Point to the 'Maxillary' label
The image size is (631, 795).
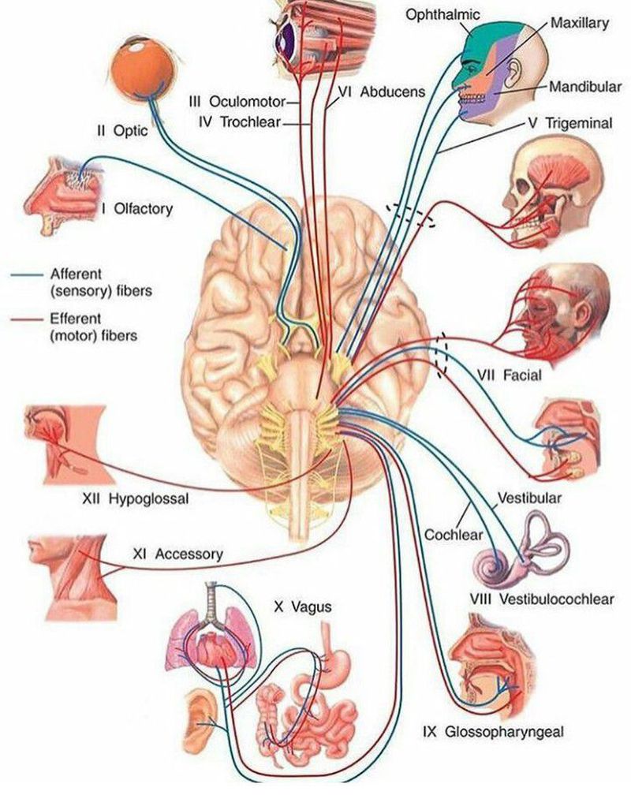coord(579,24)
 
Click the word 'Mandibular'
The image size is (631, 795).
coord(584,86)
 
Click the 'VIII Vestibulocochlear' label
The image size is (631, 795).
coord(541,599)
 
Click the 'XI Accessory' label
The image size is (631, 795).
coord(177,554)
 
